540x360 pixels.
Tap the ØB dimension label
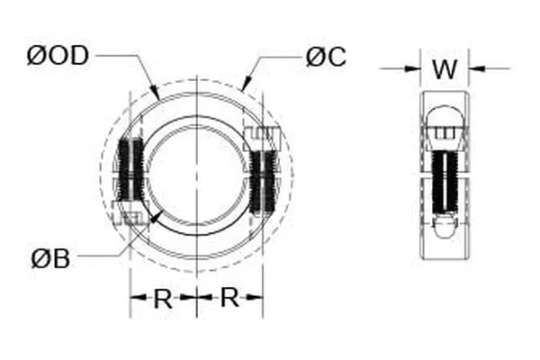pyautogui.click(x=51, y=259)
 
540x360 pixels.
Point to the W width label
pyautogui.click(x=445, y=68)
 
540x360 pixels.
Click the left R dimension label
pyautogui.click(x=163, y=298)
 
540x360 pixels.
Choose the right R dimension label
pyautogui.click(x=230, y=298)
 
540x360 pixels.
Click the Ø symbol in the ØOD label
pyautogui.click(x=37, y=56)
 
